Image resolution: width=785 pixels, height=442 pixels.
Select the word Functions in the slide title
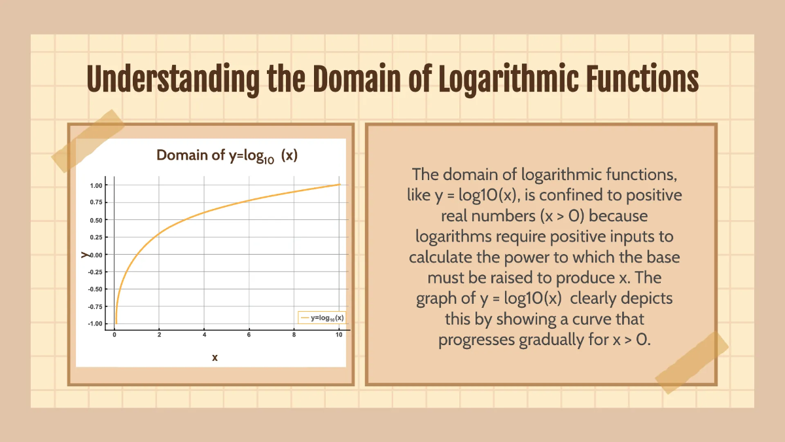[637, 80]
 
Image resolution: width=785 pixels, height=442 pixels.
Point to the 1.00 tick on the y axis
[96, 185]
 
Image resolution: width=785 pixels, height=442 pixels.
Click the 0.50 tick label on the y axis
[96, 220]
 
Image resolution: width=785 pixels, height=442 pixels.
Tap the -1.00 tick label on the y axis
[96, 323]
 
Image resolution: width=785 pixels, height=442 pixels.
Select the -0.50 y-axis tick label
[96, 289]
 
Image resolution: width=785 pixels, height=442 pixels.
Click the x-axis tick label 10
[338, 335]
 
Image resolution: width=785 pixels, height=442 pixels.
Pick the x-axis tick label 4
[204, 335]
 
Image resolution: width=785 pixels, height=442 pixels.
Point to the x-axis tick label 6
[249, 335]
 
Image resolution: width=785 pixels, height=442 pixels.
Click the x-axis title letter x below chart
[215, 358]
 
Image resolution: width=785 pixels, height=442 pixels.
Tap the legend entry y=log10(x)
[322, 318]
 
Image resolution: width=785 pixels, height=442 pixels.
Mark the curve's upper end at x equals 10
[339, 185]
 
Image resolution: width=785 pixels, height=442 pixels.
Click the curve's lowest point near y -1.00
[116, 322]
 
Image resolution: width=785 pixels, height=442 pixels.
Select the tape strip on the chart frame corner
[88, 140]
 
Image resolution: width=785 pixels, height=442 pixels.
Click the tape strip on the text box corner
[691, 362]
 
